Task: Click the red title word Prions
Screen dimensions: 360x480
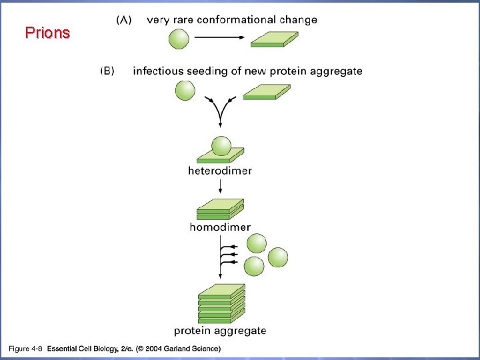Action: pyautogui.click(x=47, y=33)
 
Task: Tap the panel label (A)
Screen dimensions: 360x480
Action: pyautogui.click(x=125, y=20)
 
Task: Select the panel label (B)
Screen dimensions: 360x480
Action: pyautogui.click(x=108, y=71)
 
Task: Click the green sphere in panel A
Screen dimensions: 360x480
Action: pyautogui.click(x=178, y=39)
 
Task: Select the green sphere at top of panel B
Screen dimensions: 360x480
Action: pyautogui.click(x=185, y=90)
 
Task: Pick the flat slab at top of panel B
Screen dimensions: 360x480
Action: pyautogui.click(x=266, y=92)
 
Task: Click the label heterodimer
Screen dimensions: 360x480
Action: pyautogui.click(x=220, y=171)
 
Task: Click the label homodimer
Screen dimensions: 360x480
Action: pyautogui.click(x=220, y=227)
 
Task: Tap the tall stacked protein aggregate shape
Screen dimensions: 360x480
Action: pyautogui.click(x=221, y=303)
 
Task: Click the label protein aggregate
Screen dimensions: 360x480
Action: pyautogui.click(x=220, y=330)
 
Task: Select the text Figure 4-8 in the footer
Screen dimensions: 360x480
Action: pyautogui.click(x=25, y=348)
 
